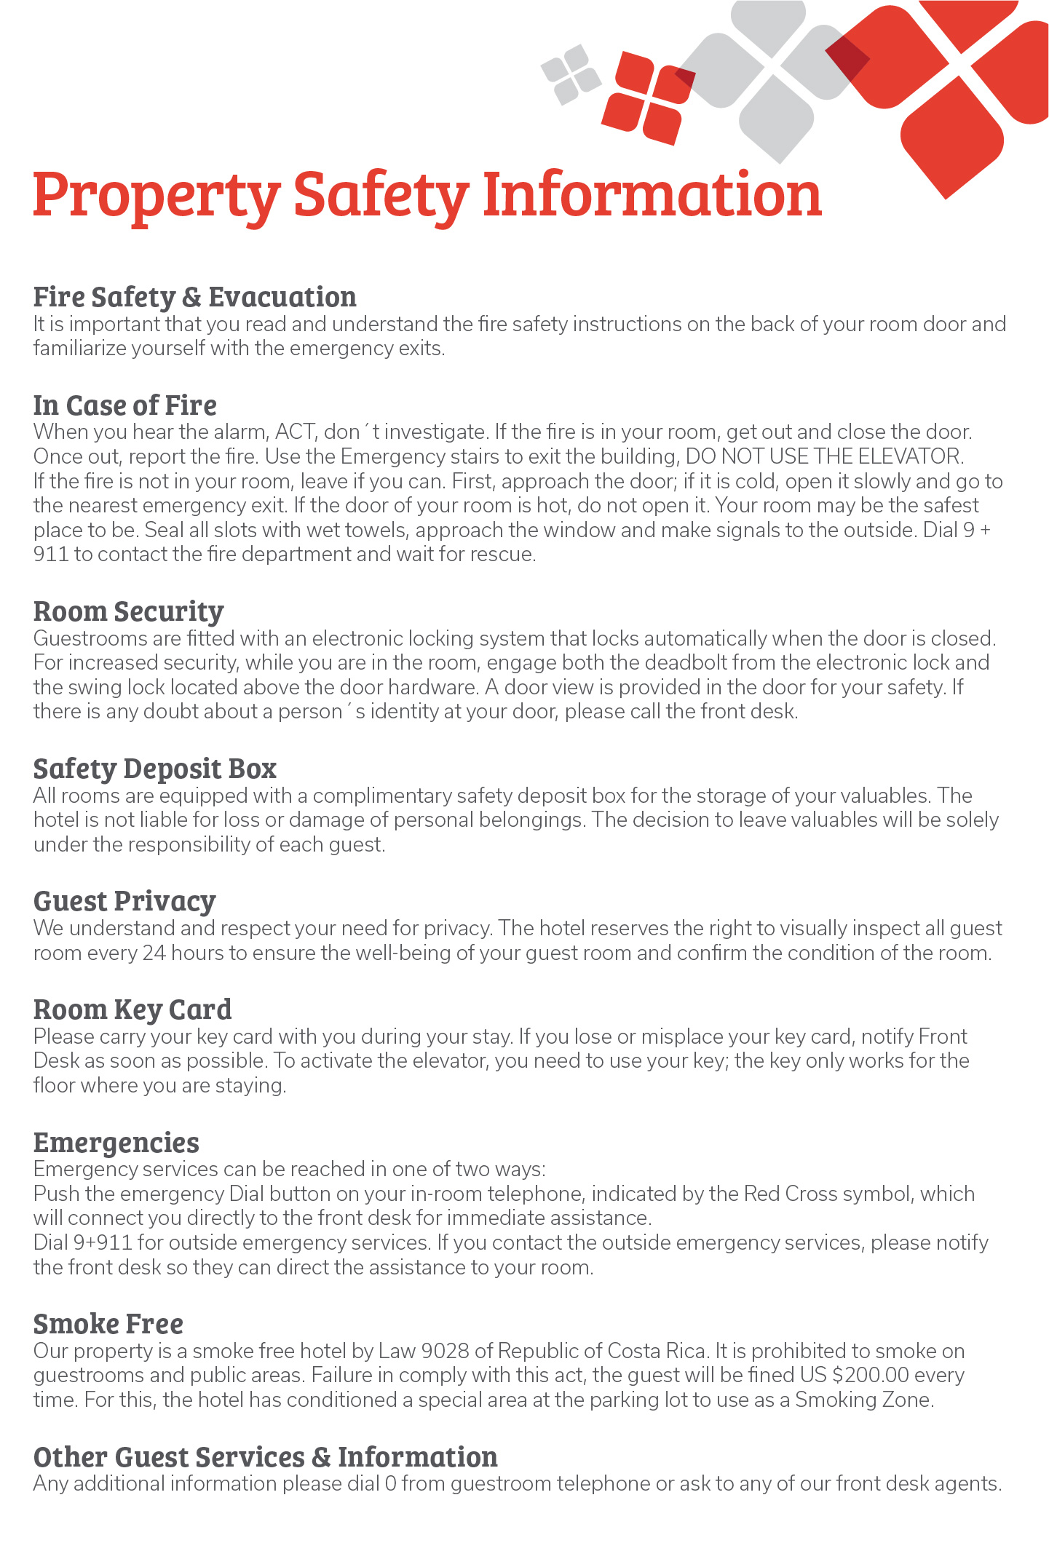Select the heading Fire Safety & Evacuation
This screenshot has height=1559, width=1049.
(x=195, y=297)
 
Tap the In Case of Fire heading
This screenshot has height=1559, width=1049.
(x=125, y=405)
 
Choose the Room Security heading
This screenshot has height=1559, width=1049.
(x=129, y=611)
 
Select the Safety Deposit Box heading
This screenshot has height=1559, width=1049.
(x=155, y=769)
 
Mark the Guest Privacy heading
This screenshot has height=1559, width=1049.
(x=124, y=901)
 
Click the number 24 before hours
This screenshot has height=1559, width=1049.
(x=154, y=953)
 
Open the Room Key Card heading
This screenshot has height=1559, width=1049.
(x=132, y=1009)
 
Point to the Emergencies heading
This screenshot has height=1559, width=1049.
(x=116, y=1143)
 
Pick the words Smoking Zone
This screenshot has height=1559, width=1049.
(x=863, y=1400)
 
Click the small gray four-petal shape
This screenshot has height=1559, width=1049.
(x=571, y=74)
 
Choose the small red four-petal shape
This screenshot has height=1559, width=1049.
(x=646, y=98)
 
